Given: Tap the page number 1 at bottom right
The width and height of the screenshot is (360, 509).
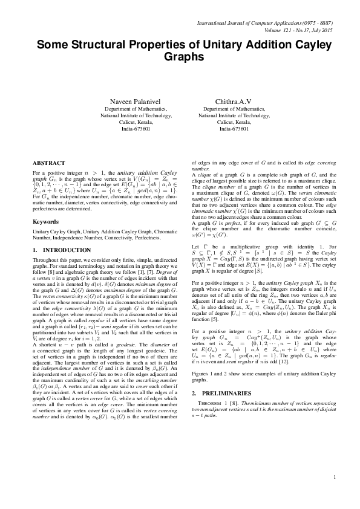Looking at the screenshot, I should click(334, 495).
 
